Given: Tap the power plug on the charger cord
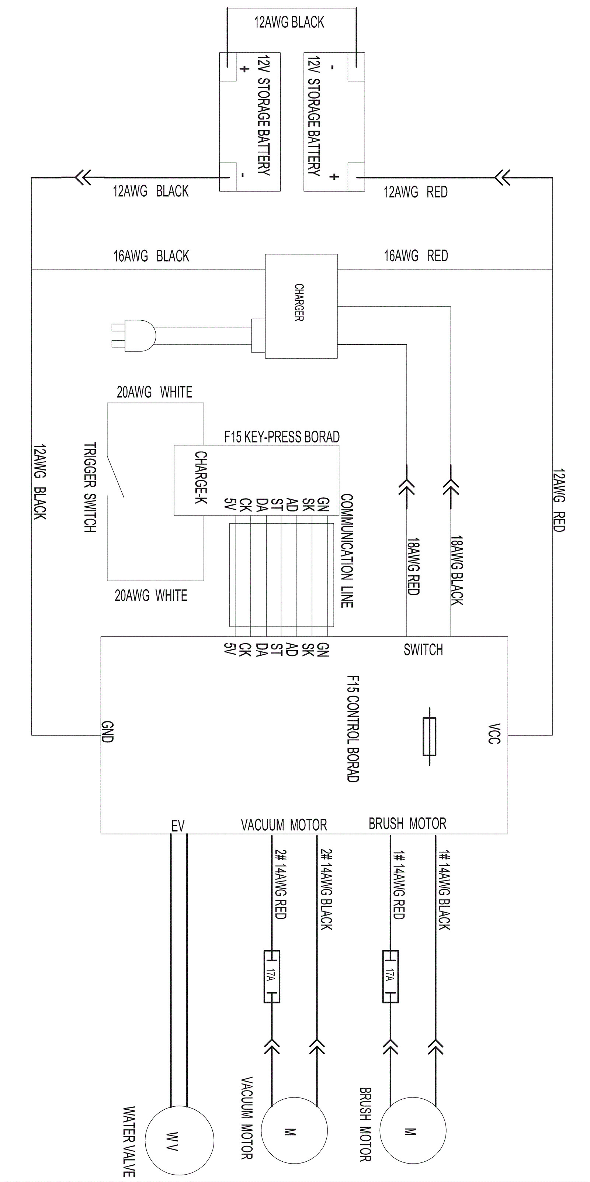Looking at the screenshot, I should (x=134, y=335).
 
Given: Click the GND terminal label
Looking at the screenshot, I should (x=107, y=731).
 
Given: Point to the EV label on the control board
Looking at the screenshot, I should (x=178, y=826).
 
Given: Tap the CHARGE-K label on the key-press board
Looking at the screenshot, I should (x=201, y=477).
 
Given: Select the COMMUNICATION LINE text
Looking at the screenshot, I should (x=347, y=551).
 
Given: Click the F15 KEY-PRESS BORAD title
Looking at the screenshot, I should (x=282, y=437).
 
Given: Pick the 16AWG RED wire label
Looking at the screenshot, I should (x=416, y=256).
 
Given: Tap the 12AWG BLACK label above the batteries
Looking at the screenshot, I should (x=289, y=22).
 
